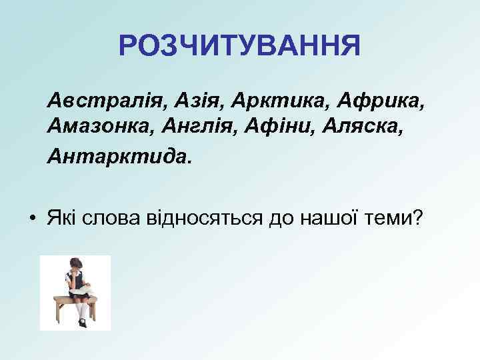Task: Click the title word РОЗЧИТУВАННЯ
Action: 239,46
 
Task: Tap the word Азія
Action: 197,101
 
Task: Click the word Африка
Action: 381,101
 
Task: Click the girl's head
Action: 73,265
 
